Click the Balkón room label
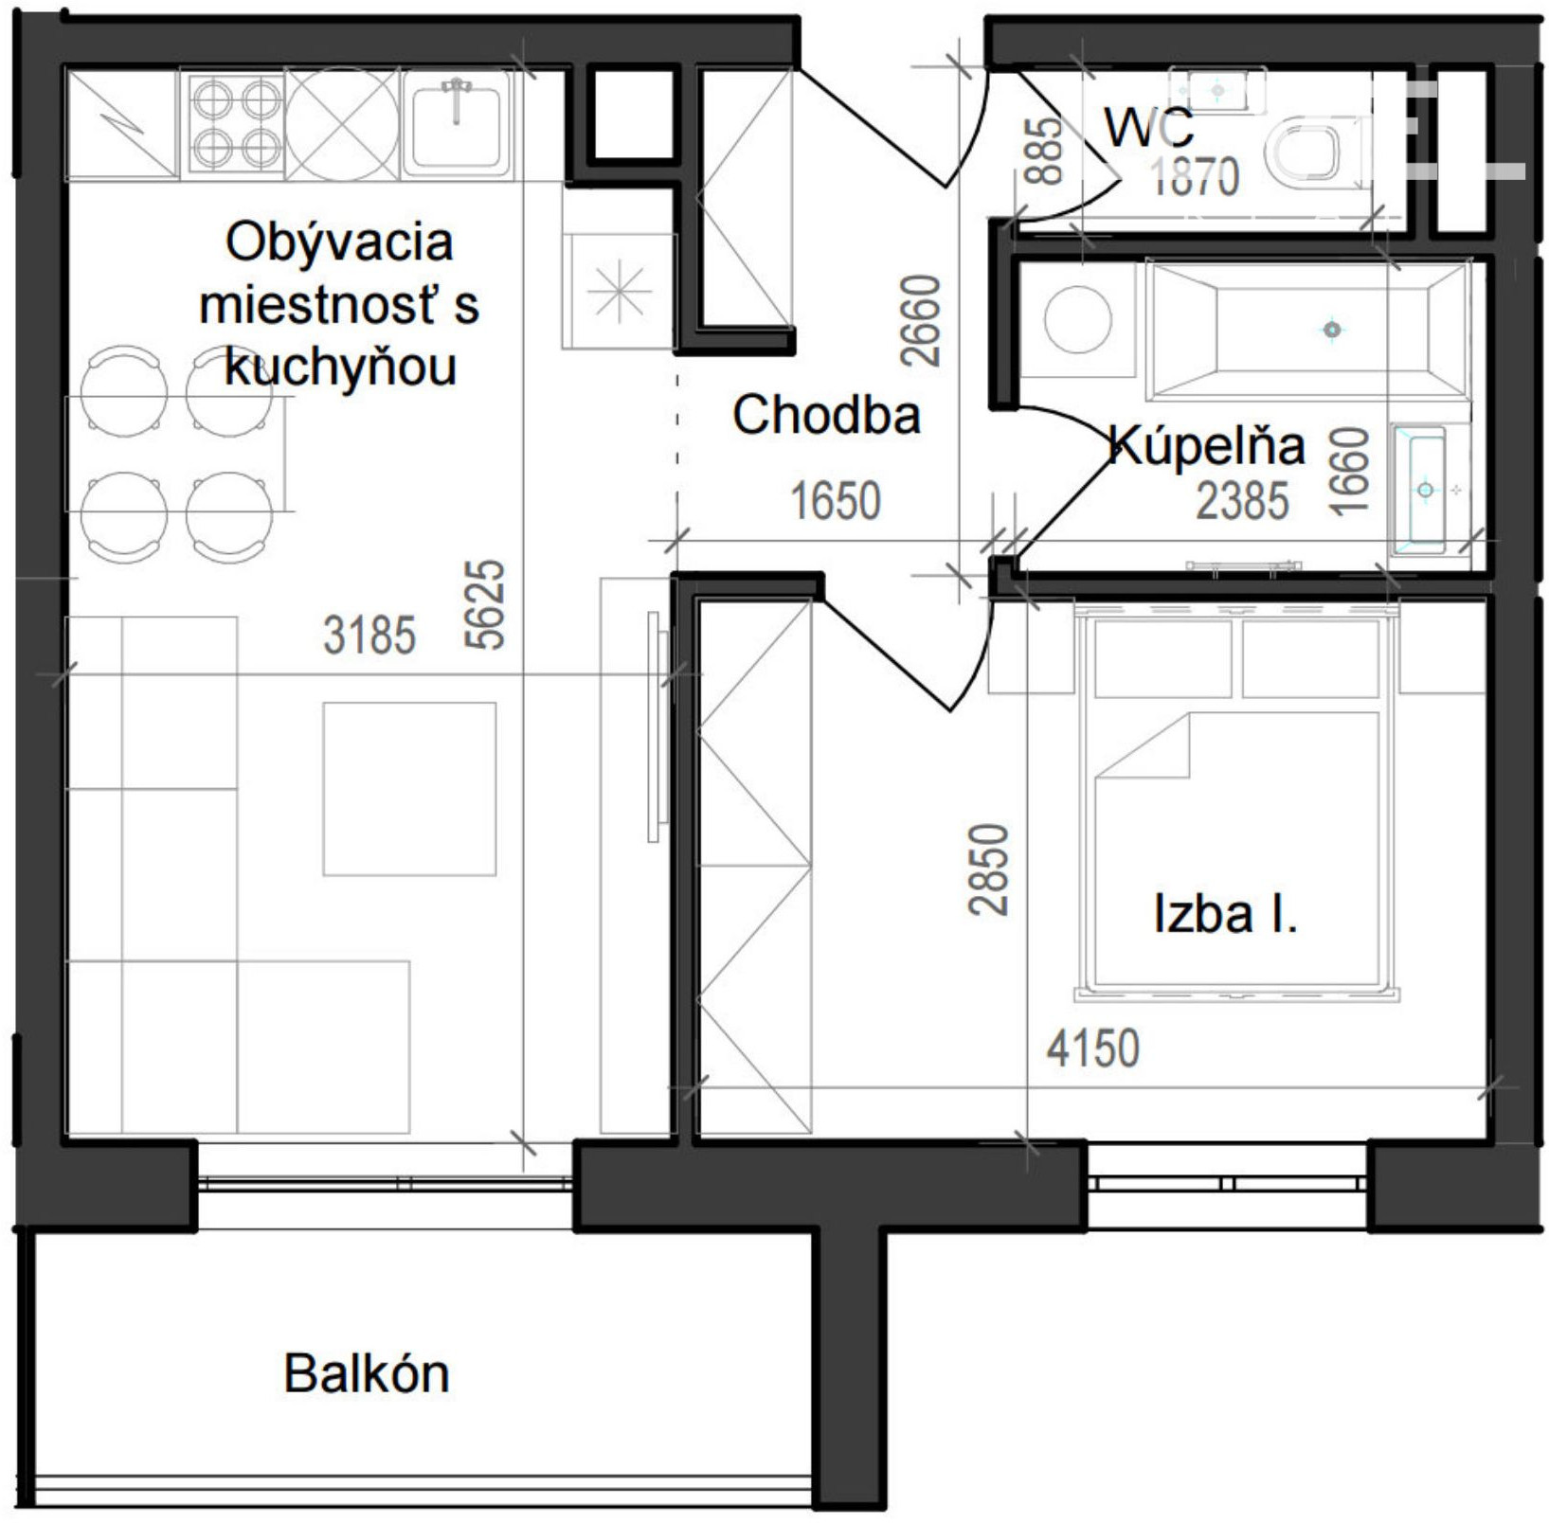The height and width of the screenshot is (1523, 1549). (367, 1373)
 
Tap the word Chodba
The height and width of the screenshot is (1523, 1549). (826, 415)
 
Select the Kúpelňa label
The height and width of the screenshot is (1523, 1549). (1206, 445)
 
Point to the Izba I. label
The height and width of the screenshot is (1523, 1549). (1225, 914)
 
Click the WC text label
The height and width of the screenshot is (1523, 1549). (1148, 127)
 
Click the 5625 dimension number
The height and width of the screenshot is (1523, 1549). (485, 604)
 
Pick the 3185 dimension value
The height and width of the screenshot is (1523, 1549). (369, 635)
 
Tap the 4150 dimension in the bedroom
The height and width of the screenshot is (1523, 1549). (1093, 1048)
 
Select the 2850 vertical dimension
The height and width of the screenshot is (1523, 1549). (989, 869)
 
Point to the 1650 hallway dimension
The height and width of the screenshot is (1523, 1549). (836, 500)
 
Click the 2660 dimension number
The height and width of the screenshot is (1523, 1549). (921, 320)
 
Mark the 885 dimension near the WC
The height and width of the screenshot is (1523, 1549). (1044, 151)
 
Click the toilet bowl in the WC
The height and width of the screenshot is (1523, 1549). (1306, 152)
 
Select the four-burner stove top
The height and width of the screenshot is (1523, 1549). (235, 122)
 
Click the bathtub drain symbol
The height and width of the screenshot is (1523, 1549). (1332, 330)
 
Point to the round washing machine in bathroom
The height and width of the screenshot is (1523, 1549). (1078, 319)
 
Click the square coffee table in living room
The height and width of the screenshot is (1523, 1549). (409, 789)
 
